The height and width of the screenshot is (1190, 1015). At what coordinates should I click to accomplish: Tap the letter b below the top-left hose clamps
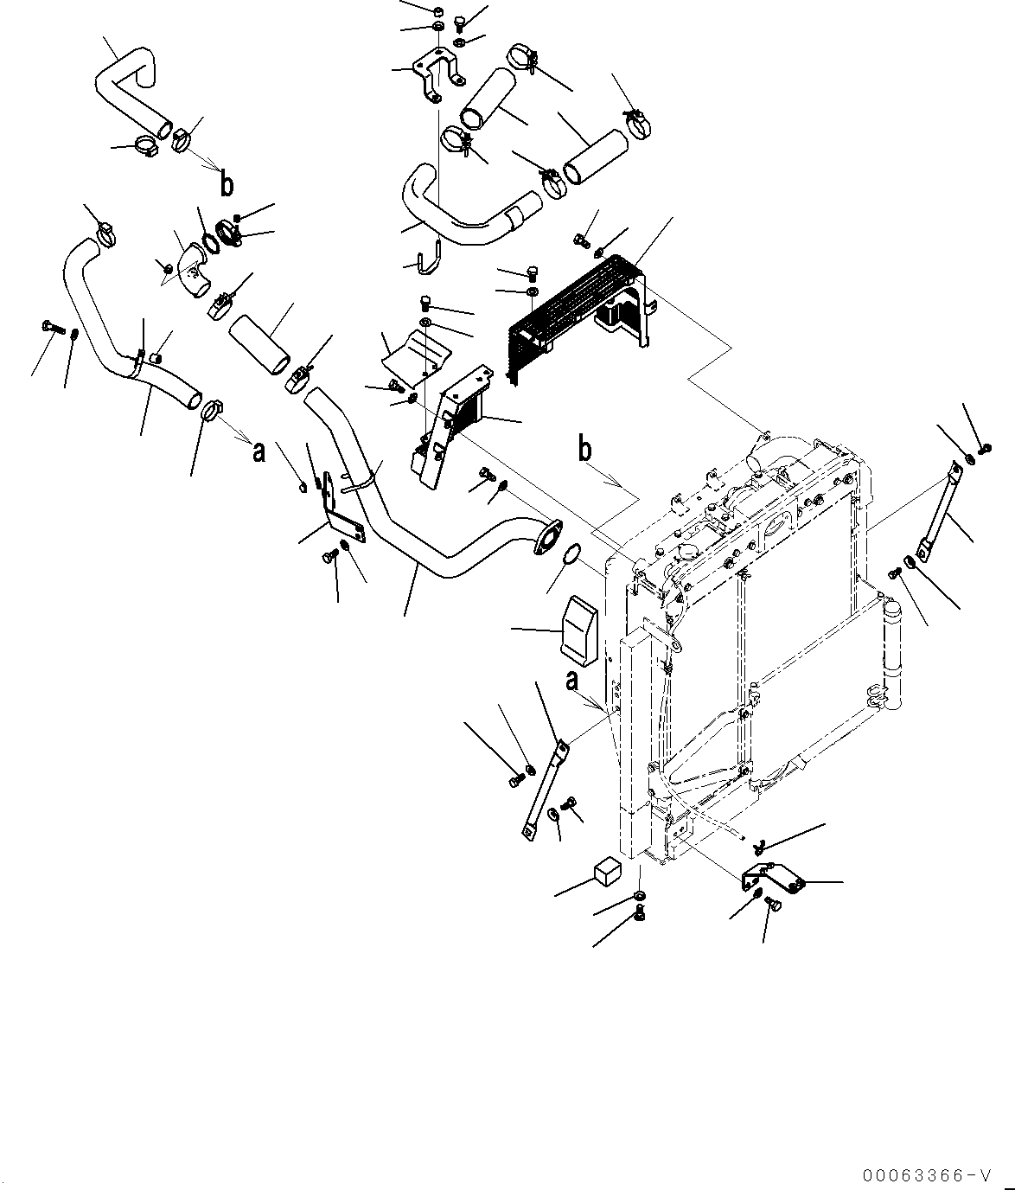(226, 184)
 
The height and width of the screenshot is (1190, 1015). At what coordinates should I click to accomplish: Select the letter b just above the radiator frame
(585, 450)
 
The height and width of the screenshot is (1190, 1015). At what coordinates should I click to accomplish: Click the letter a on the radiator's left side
(571, 681)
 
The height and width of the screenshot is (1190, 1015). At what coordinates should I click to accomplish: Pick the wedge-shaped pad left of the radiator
(581, 626)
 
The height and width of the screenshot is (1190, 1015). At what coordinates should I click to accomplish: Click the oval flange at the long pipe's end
(547, 534)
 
